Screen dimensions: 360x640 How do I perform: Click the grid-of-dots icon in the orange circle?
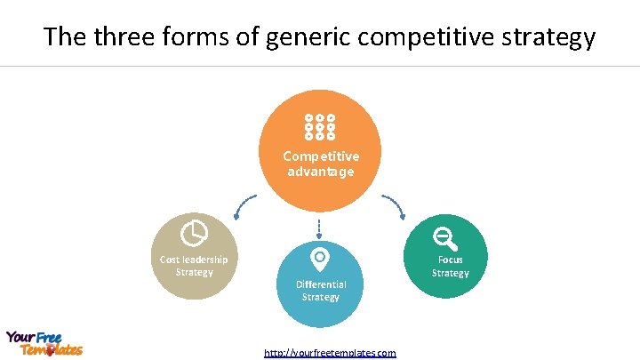(x=320, y=127)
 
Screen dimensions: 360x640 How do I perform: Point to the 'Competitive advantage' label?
(x=320, y=164)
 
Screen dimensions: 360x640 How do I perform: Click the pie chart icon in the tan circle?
(x=194, y=234)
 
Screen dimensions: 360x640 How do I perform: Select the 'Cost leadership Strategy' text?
(x=194, y=266)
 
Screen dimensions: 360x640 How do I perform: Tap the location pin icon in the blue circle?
(x=319, y=259)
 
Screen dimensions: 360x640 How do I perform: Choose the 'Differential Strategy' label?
(x=320, y=291)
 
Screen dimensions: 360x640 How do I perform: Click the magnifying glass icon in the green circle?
(x=444, y=237)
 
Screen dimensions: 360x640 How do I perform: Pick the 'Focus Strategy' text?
(x=450, y=267)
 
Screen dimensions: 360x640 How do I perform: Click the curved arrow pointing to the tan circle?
(x=243, y=206)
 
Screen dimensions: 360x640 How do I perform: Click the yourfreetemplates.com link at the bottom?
(x=330, y=353)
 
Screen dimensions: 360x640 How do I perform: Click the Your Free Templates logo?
(x=44, y=343)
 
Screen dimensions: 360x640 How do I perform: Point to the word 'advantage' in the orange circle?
(x=320, y=172)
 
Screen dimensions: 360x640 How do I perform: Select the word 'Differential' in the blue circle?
(x=320, y=284)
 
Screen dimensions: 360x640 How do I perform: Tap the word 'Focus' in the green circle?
(x=450, y=260)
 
